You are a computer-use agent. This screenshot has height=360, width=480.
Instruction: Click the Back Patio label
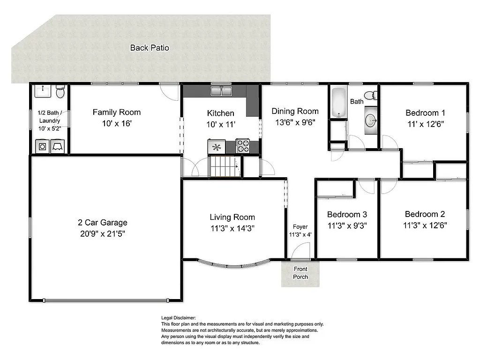tap(150, 47)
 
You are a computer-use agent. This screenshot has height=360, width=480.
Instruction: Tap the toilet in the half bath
tap(60, 92)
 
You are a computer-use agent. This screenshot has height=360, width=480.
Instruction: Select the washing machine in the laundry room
tap(43, 146)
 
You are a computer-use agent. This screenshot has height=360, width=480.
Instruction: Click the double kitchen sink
tap(221, 91)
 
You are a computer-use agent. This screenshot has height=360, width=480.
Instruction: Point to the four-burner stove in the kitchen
tap(242, 146)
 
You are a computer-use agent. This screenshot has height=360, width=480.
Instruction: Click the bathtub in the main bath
tap(338, 103)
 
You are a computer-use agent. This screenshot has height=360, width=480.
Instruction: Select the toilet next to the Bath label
tap(370, 96)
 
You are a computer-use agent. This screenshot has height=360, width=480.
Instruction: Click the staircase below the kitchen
tap(223, 166)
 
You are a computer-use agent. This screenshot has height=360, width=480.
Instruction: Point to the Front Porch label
tap(300, 273)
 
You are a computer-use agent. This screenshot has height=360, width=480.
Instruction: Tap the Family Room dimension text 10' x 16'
tap(117, 124)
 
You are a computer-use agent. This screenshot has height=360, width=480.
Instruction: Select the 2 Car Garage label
tap(103, 223)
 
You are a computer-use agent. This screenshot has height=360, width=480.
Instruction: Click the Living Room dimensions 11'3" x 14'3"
tap(232, 228)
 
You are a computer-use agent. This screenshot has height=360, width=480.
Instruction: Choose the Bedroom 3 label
tap(347, 214)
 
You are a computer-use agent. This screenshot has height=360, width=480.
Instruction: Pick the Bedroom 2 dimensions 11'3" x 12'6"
tap(425, 225)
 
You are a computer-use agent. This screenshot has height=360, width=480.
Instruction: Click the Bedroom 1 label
tap(425, 112)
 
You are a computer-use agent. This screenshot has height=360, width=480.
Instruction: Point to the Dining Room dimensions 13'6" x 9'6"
tap(295, 123)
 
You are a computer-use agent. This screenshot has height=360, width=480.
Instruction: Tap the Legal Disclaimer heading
tap(179, 318)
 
